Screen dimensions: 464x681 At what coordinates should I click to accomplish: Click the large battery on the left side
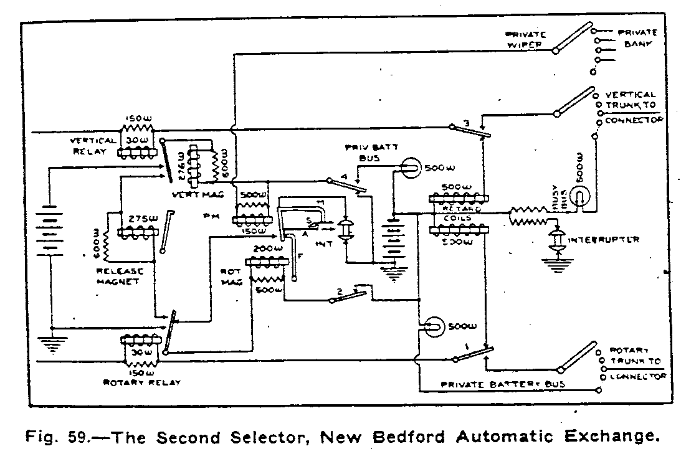pyautogui.click(x=52, y=237)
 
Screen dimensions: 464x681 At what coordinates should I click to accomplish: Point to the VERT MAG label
pyautogui.click(x=195, y=195)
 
